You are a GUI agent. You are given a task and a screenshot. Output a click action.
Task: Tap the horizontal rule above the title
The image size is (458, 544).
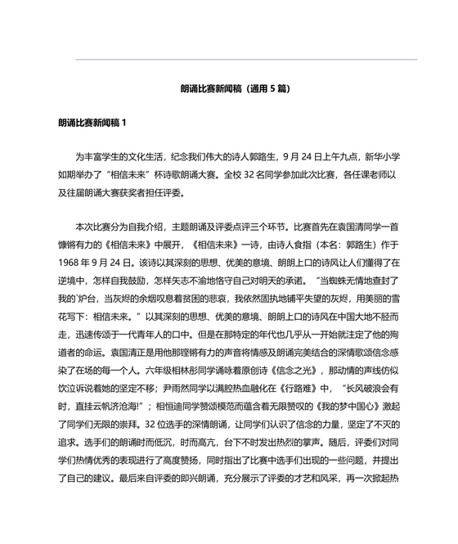pyautogui.click(x=245, y=59)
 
